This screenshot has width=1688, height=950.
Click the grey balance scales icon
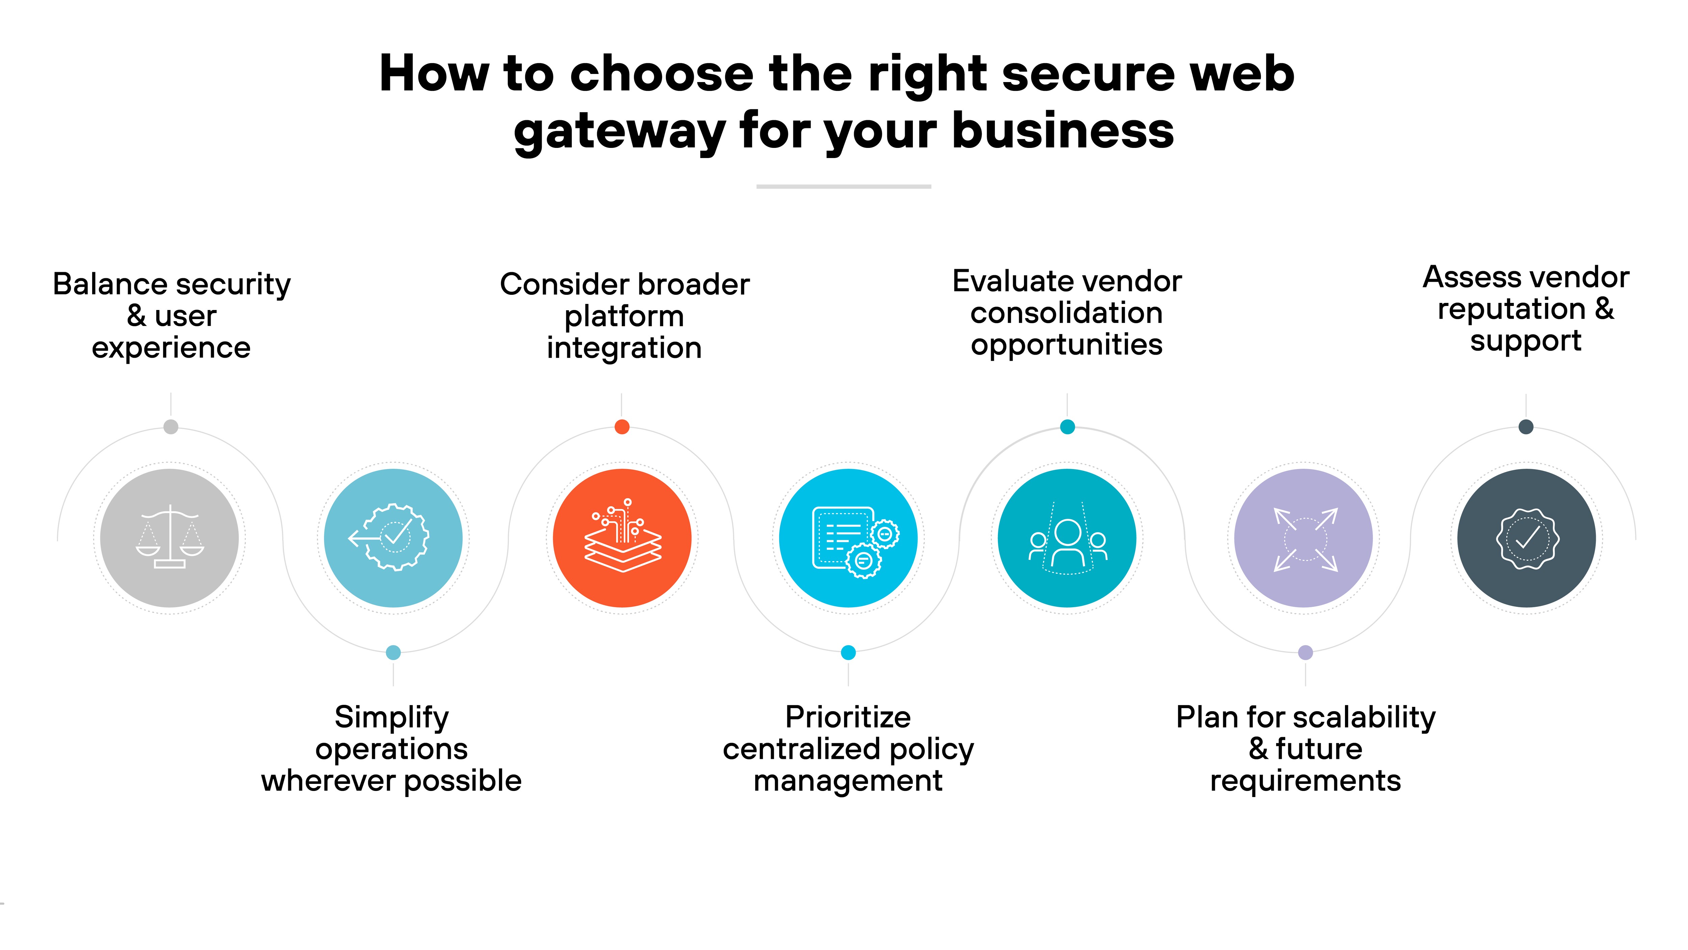coord(170,538)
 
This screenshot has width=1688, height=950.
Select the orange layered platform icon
coord(622,538)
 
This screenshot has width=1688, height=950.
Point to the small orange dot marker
coord(622,427)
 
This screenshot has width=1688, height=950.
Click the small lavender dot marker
coord(1305,652)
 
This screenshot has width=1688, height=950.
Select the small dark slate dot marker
coord(1526,427)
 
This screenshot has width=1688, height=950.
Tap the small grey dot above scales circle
coord(170,427)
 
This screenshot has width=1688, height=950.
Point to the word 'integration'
coord(624,348)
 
